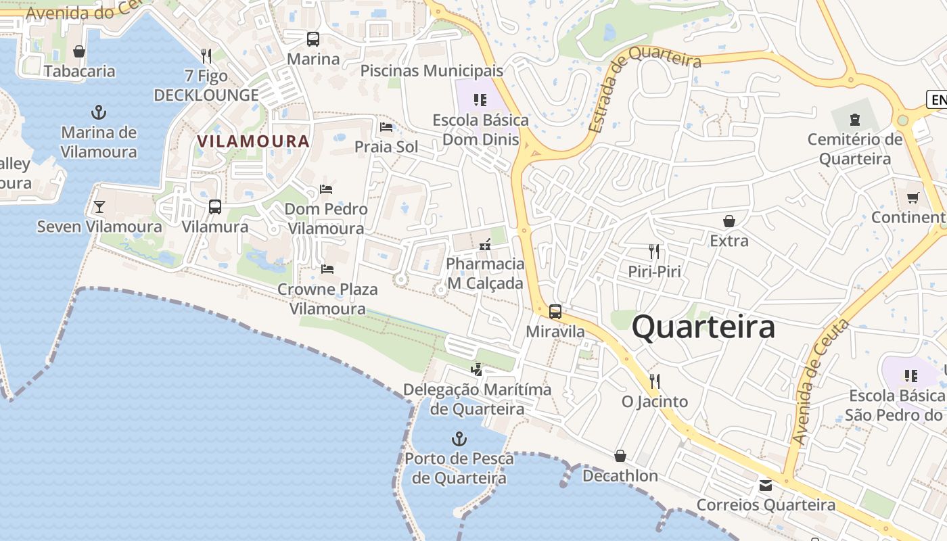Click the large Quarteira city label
(703, 327)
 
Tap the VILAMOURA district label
(253, 141)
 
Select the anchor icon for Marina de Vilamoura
(99, 112)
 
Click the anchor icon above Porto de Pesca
(459, 439)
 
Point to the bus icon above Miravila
(555, 312)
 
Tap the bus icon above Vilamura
(215, 207)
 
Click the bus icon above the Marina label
(313, 39)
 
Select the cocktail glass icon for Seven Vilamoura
(99, 206)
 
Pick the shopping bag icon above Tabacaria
(79, 51)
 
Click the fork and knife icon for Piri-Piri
(654, 252)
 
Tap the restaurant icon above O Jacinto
(654, 381)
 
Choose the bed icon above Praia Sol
(386, 126)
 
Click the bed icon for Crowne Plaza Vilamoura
(327, 269)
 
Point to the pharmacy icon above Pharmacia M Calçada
(485, 244)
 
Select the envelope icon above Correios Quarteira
(766, 485)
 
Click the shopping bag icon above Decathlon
(620, 456)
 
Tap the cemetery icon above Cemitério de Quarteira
(855, 120)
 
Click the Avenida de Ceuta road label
(821, 382)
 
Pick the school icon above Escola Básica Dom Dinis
(480, 100)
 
